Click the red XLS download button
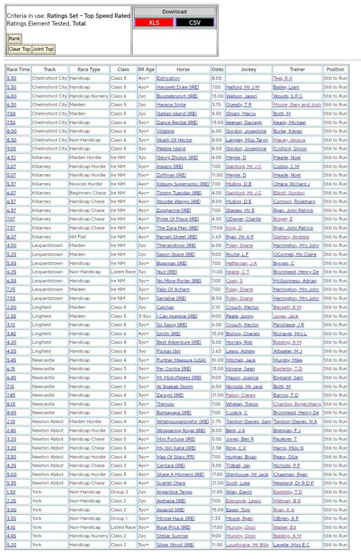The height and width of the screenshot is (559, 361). [154, 22]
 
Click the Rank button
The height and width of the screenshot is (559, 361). [14, 38]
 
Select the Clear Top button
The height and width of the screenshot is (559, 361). [19, 49]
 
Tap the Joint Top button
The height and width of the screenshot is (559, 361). [43, 49]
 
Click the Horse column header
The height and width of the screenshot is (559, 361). [183, 69]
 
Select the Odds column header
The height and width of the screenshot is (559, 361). [217, 69]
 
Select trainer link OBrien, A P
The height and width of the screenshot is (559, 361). [286, 518]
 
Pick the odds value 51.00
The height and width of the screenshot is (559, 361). [217, 360]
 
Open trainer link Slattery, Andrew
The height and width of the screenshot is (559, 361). [291, 237]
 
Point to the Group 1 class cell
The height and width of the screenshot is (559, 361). [119, 518]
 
